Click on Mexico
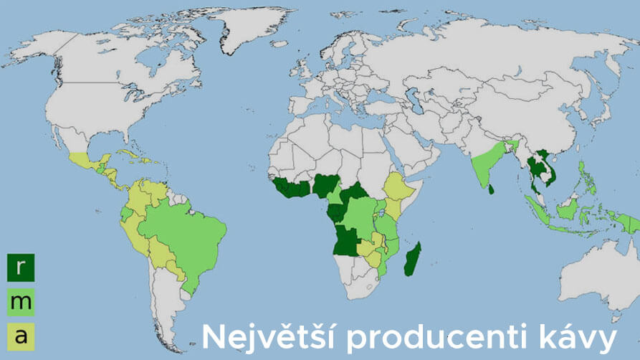(x=83, y=162)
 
